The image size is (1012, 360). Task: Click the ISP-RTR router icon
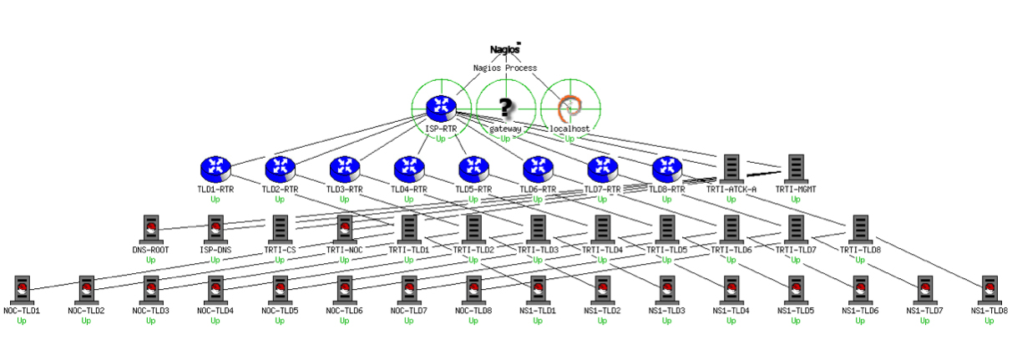pos(440,107)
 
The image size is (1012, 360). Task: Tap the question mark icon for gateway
pos(505,107)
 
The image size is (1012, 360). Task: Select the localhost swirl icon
pos(569,108)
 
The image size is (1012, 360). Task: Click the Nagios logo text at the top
pos(505,49)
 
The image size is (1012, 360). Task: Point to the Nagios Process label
pos(505,68)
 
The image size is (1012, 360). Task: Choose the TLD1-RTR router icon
pos(215,169)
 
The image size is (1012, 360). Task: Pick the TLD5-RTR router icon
pos(473,169)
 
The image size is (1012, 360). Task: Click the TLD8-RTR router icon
pos(666,169)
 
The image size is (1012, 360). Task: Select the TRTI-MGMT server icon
pos(795,169)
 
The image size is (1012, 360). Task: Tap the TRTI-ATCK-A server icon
pos(731,169)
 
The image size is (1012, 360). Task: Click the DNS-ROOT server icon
pos(151,229)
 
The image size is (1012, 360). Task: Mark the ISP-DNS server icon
pos(215,229)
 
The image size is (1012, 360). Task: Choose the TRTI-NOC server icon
pos(344,229)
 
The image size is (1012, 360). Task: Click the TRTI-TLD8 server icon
pos(860,229)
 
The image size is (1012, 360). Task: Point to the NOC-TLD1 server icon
pos(22,289)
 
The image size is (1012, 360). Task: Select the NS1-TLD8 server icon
pos(989,289)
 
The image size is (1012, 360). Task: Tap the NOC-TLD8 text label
pos(473,311)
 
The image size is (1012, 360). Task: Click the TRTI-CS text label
pos(280,250)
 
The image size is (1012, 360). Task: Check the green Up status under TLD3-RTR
pos(344,200)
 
